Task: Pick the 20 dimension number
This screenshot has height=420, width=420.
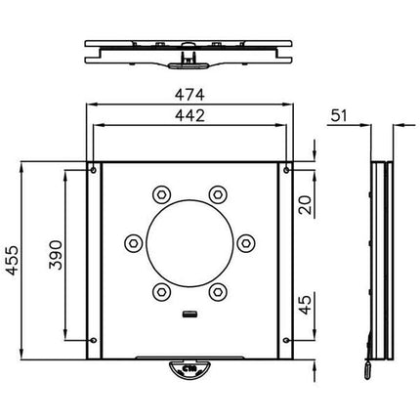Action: click(x=306, y=204)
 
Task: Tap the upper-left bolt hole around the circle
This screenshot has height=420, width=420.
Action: click(x=161, y=193)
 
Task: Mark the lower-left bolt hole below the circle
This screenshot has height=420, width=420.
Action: click(x=161, y=289)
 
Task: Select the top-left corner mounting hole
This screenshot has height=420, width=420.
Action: click(x=93, y=172)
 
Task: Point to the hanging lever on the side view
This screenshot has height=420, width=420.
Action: click(x=368, y=369)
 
